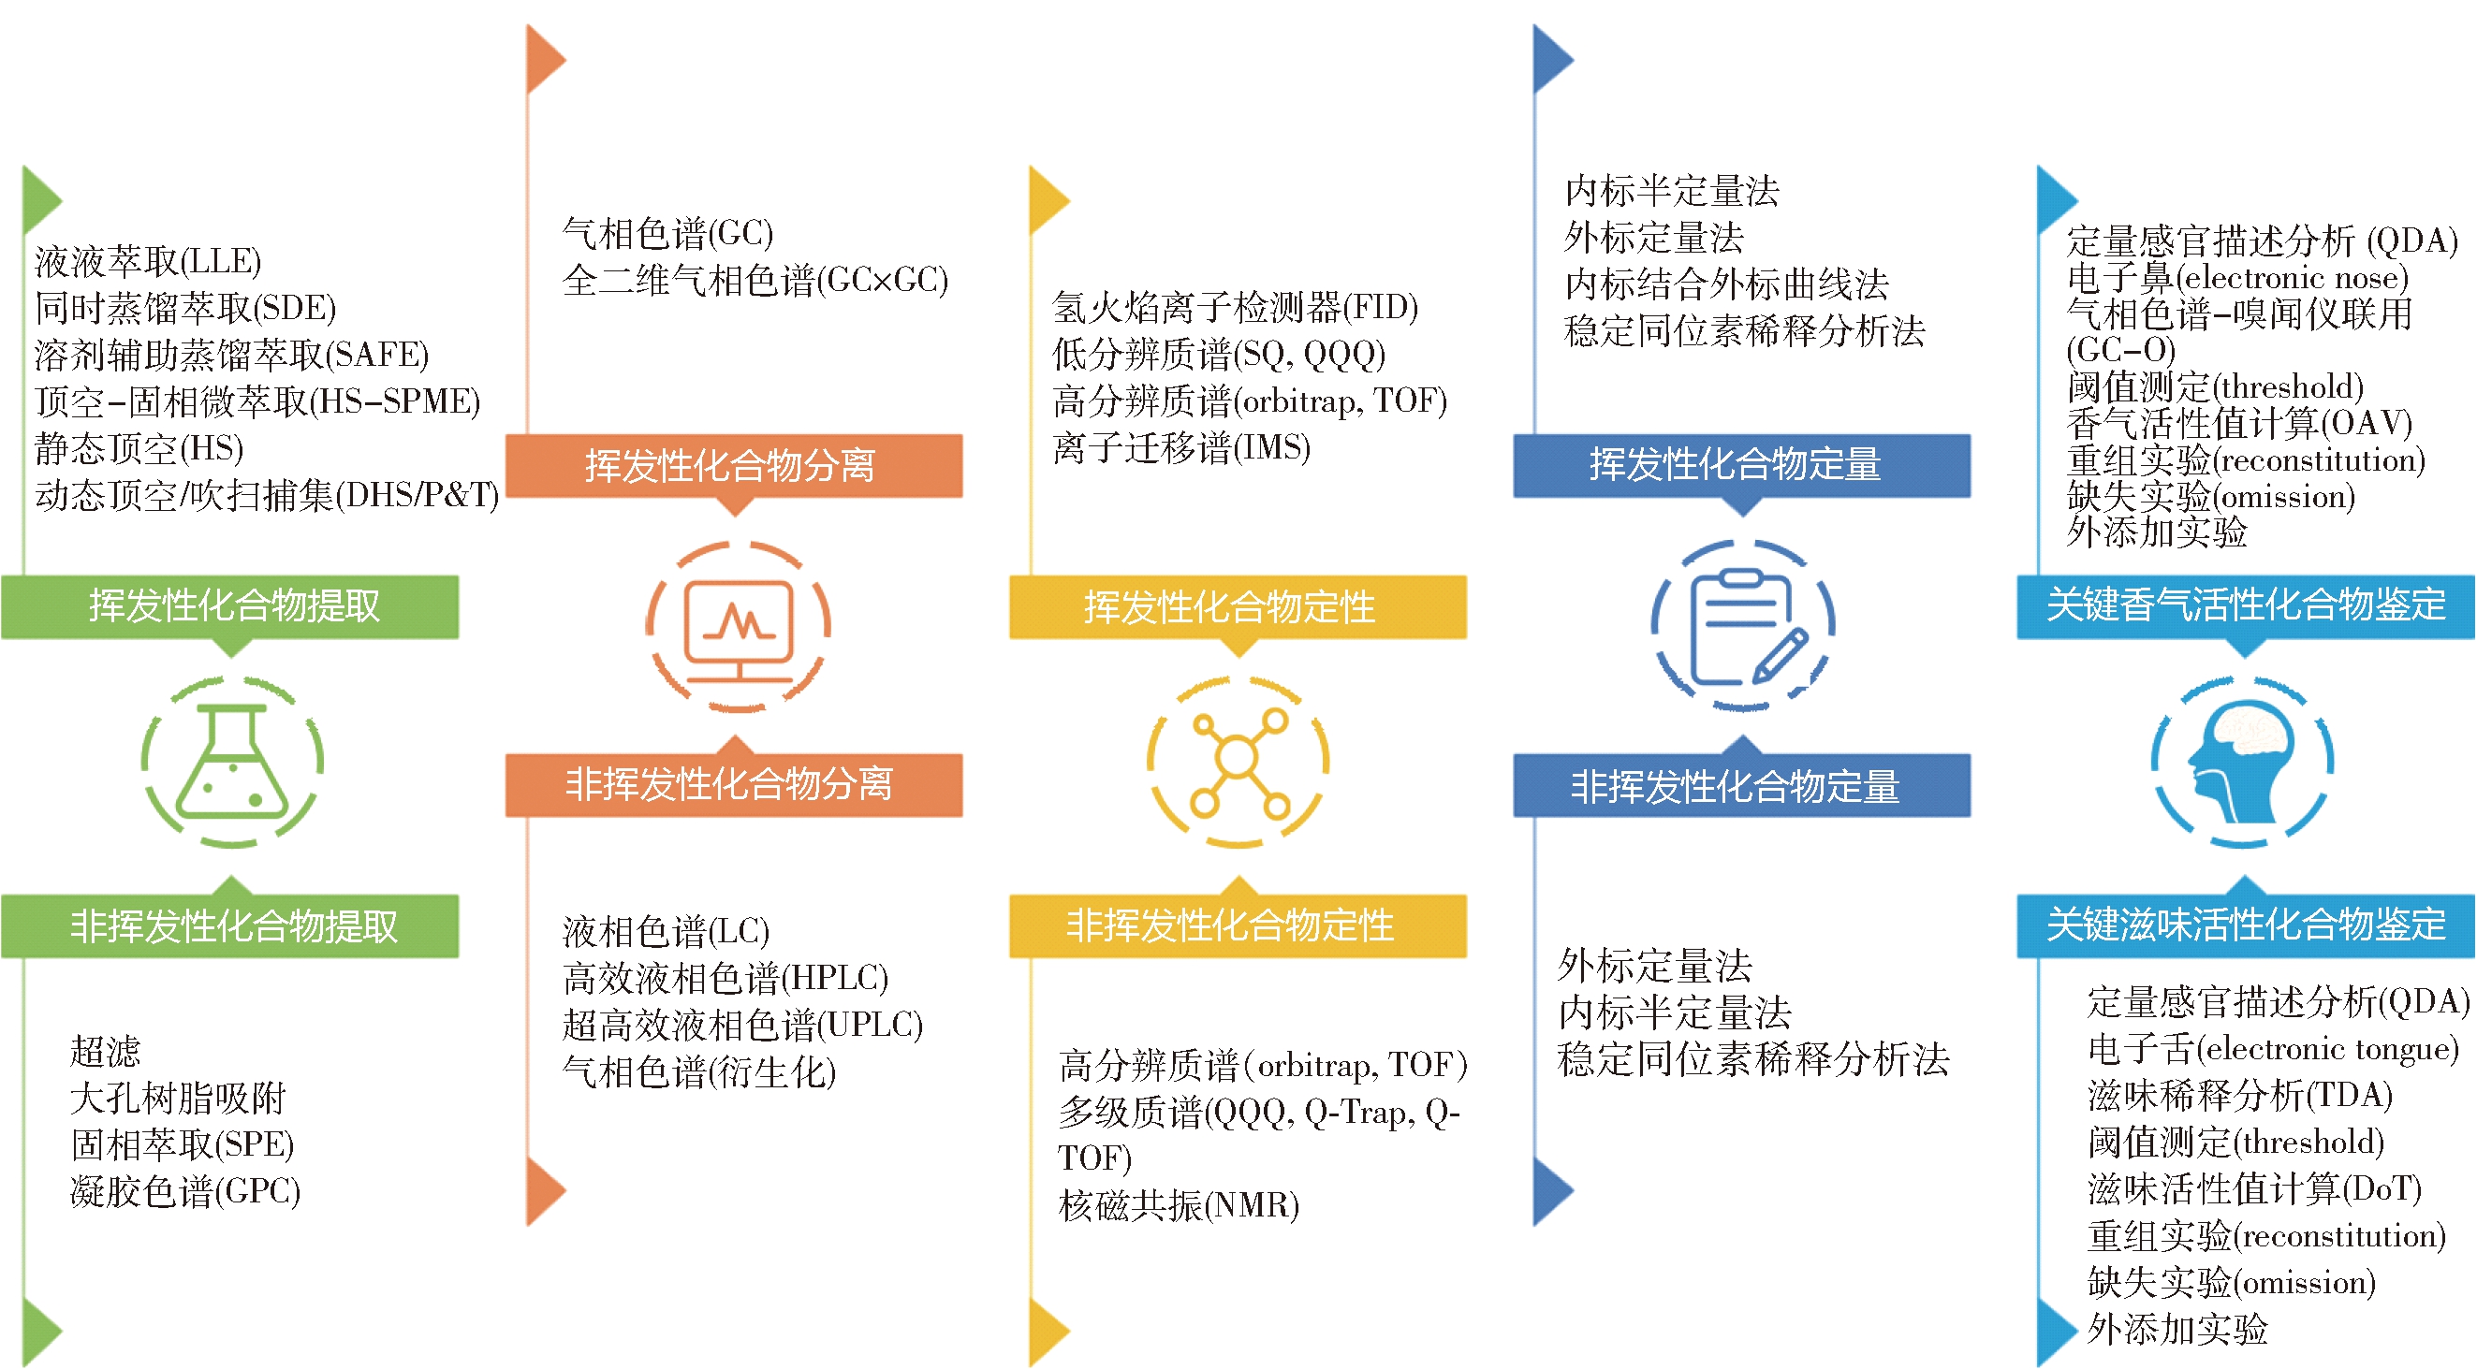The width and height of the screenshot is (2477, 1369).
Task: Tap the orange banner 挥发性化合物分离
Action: [x=734, y=465]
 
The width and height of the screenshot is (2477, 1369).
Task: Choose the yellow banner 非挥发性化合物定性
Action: [x=1238, y=925]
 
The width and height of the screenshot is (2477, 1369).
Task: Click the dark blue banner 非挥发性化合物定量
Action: [x=1741, y=785]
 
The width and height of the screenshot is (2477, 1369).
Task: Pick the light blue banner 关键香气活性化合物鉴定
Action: [x=2245, y=606]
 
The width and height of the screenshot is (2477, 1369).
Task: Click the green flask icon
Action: [x=232, y=762]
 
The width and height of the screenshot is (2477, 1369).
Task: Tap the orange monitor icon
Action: [x=738, y=627]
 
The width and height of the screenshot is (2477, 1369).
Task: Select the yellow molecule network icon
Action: [x=1238, y=762]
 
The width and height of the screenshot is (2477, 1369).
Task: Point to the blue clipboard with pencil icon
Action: [x=1742, y=625]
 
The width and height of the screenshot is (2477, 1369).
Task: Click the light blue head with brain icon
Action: [x=2242, y=762]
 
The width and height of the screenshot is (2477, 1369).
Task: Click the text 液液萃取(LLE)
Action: [x=148, y=260]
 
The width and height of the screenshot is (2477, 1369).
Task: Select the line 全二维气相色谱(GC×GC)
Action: [x=755, y=280]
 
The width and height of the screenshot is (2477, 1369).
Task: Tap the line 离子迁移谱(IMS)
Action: [x=1181, y=447]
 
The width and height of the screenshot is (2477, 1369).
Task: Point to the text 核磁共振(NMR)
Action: [x=1179, y=1204]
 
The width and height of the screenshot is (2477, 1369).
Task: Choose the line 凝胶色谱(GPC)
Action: [x=185, y=1191]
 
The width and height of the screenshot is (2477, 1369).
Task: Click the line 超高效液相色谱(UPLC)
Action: [x=743, y=1024]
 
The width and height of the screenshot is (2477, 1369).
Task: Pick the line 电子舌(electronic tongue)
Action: [x=2273, y=1048]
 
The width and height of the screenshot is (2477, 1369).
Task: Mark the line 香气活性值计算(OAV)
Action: [x=2239, y=423]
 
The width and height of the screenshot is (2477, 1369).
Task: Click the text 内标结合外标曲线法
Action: [x=1727, y=284]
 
